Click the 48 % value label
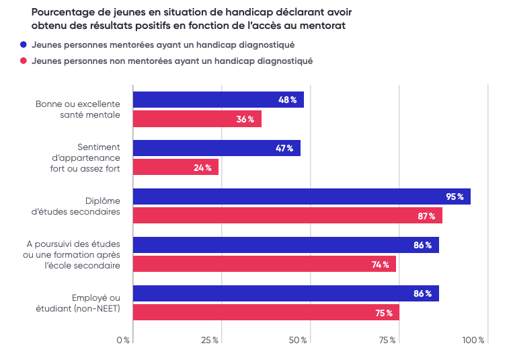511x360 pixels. [x=287, y=100]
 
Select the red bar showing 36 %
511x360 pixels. [x=196, y=119]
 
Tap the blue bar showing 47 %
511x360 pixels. [x=216, y=148]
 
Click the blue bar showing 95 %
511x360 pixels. [x=301, y=196]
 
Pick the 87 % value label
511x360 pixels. [x=426, y=216]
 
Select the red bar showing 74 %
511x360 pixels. [x=264, y=264]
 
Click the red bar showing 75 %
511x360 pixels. [x=266, y=312]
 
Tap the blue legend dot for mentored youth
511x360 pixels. [x=24, y=44]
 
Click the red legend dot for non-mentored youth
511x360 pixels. [x=24, y=61]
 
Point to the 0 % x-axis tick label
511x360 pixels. [x=123, y=340]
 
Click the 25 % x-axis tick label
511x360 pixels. [x=210, y=340]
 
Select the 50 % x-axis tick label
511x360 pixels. [x=299, y=340]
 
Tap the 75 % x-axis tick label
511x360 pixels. [x=387, y=340]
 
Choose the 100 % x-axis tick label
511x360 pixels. [x=474, y=340]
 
